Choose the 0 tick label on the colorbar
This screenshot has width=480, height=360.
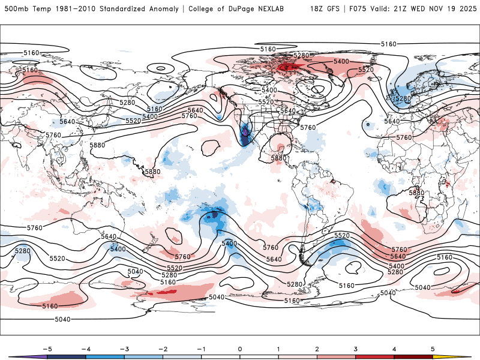click(x=239, y=348)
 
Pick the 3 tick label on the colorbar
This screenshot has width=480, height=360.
click(x=356, y=348)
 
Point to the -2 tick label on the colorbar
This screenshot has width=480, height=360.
click(x=162, y=348)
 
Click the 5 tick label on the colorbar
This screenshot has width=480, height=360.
click(x=433, y=348)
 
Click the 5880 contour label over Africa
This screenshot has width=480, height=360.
click(x=416, y=193)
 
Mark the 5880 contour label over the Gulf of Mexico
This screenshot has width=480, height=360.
click(x=278, y=158)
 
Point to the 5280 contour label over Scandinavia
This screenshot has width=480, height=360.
click(x=401, y=98)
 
